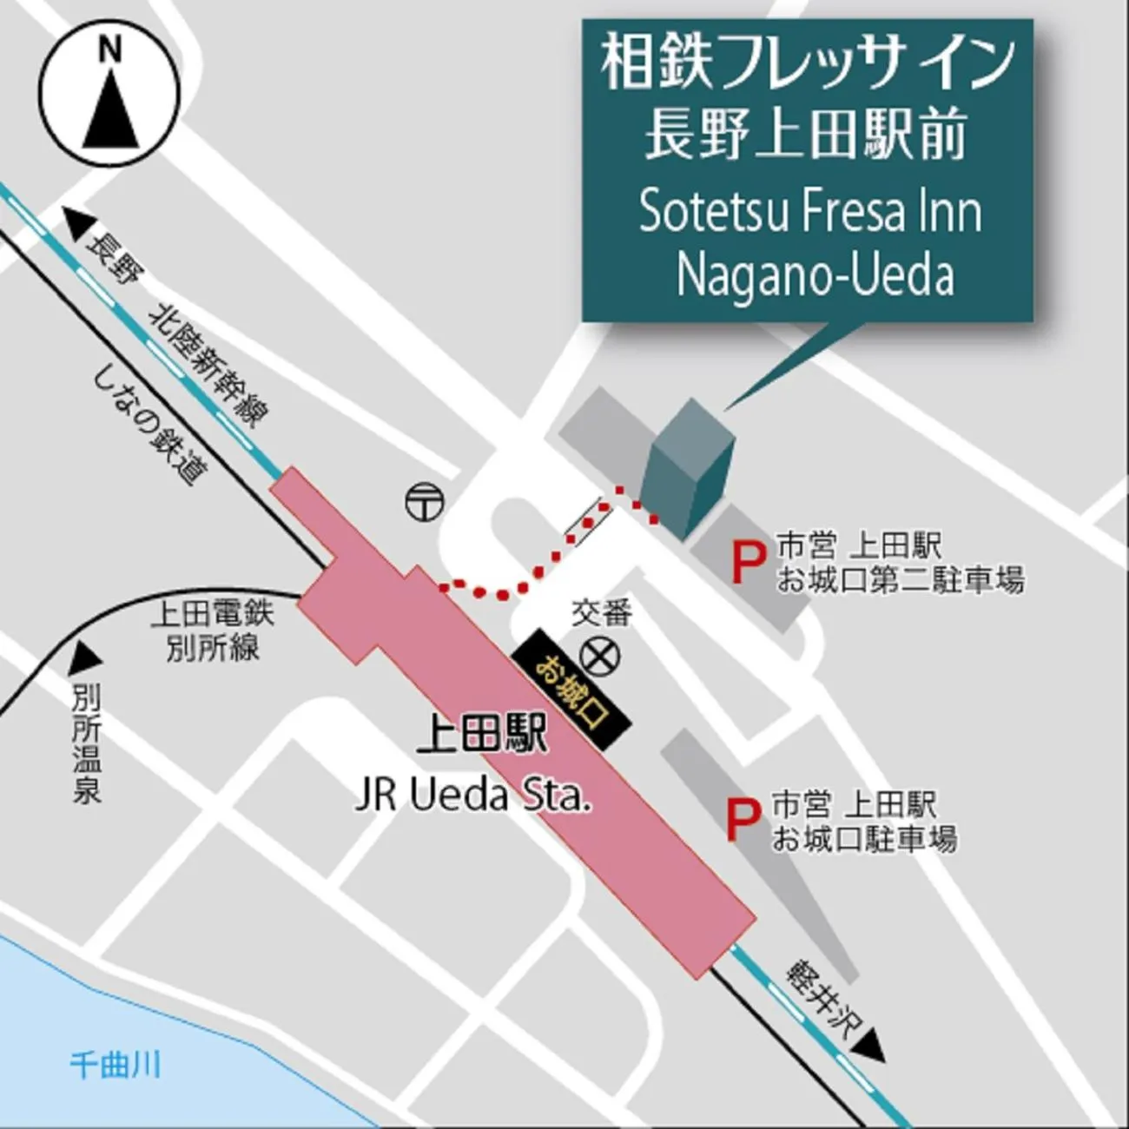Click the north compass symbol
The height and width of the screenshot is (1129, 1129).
coord(110,96)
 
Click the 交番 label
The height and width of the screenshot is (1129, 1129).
coord(601,614)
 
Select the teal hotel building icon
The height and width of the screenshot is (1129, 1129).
coord(690,469)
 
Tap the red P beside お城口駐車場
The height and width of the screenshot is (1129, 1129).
coord(738,821)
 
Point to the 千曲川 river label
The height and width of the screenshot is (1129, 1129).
coord(116,1064)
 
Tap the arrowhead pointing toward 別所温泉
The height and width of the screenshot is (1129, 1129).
coord(84,656)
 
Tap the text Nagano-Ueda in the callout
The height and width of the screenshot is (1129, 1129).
coord(815,274)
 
